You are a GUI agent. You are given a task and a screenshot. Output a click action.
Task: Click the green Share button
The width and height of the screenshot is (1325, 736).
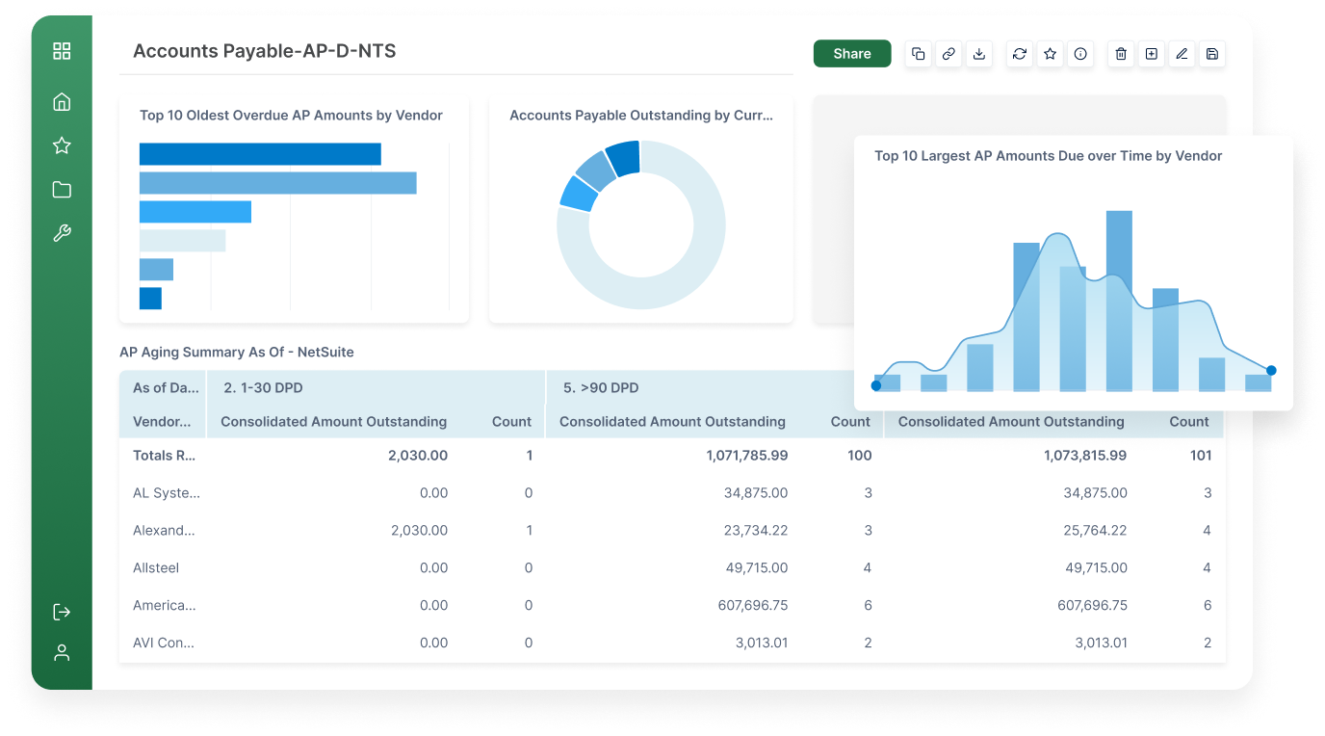[851, 54]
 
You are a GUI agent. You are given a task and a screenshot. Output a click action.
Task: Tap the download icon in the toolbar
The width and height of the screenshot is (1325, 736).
[979, 54]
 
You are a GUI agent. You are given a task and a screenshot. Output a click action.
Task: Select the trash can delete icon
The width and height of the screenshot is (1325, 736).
[1120, 54]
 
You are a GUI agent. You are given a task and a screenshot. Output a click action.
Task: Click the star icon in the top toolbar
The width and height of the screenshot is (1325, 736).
[1050, 54]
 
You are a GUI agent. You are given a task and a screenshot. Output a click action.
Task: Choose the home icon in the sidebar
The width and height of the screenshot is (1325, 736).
[62, 102]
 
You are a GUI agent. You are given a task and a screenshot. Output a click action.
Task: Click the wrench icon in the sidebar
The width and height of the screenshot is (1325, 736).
[62, 233]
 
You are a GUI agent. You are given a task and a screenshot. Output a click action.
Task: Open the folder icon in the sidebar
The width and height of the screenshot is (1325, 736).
[62, 190]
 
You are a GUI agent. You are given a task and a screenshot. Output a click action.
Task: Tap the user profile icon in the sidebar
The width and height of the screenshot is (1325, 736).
[62, 652]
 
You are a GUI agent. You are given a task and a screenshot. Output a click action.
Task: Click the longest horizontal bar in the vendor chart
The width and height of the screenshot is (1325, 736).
[277, 183]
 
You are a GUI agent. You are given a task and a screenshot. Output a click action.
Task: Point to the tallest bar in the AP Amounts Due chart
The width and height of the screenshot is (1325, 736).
[1119, 301]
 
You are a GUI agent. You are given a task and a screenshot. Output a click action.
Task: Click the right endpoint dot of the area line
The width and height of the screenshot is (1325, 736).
[1271, 370]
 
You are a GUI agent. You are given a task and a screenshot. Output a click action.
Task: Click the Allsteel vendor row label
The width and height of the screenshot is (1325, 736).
[156, 568]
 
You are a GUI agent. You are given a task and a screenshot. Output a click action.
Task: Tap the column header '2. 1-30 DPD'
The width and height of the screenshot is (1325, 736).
[262, 388]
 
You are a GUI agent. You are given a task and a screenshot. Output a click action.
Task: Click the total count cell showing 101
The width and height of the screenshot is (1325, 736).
[1200, 456]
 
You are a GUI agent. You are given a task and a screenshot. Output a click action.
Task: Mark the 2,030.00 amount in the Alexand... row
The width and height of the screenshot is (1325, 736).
[419, 531]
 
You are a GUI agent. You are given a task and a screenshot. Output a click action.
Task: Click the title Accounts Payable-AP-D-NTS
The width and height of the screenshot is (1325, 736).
[265, 51]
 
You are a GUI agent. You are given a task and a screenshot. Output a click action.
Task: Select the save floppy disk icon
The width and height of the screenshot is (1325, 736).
[1212, 54]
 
